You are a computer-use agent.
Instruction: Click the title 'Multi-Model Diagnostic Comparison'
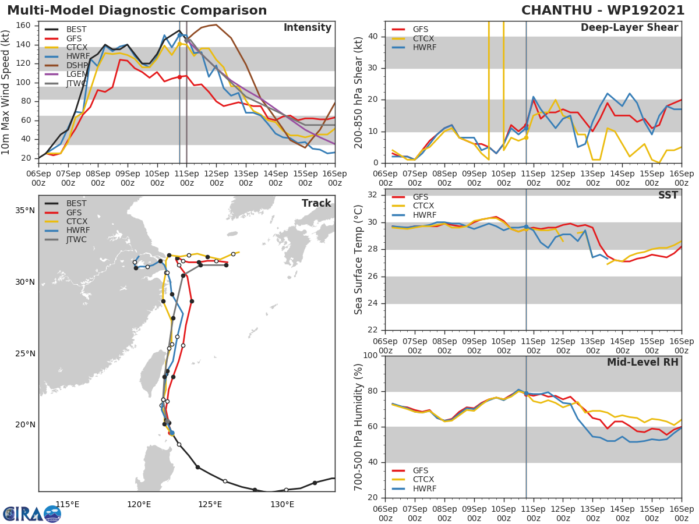coord(137,10)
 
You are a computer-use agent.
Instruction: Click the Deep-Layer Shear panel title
coord(629,28)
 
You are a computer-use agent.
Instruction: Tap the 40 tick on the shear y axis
coord(375,37)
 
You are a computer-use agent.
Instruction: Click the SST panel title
coord(668,196)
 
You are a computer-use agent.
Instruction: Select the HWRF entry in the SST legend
coord(423,215)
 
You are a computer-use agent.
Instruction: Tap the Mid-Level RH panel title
coord(642,363)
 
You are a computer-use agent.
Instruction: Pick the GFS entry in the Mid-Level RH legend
coord(419,470)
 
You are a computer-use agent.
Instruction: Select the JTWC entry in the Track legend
coord(76,239)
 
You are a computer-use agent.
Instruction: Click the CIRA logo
coord(31,514)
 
